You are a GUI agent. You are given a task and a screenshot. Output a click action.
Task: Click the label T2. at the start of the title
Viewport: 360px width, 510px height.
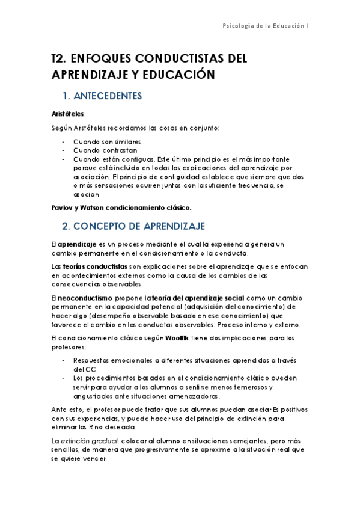[58, 59]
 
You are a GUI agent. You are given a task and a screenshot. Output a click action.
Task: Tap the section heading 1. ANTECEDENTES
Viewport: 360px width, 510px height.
[102, 96]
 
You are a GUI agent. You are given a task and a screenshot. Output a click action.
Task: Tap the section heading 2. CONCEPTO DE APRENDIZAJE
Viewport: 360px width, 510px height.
[134, 226]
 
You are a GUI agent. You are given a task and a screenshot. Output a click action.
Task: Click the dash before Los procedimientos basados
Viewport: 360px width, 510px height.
[64, 378]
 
